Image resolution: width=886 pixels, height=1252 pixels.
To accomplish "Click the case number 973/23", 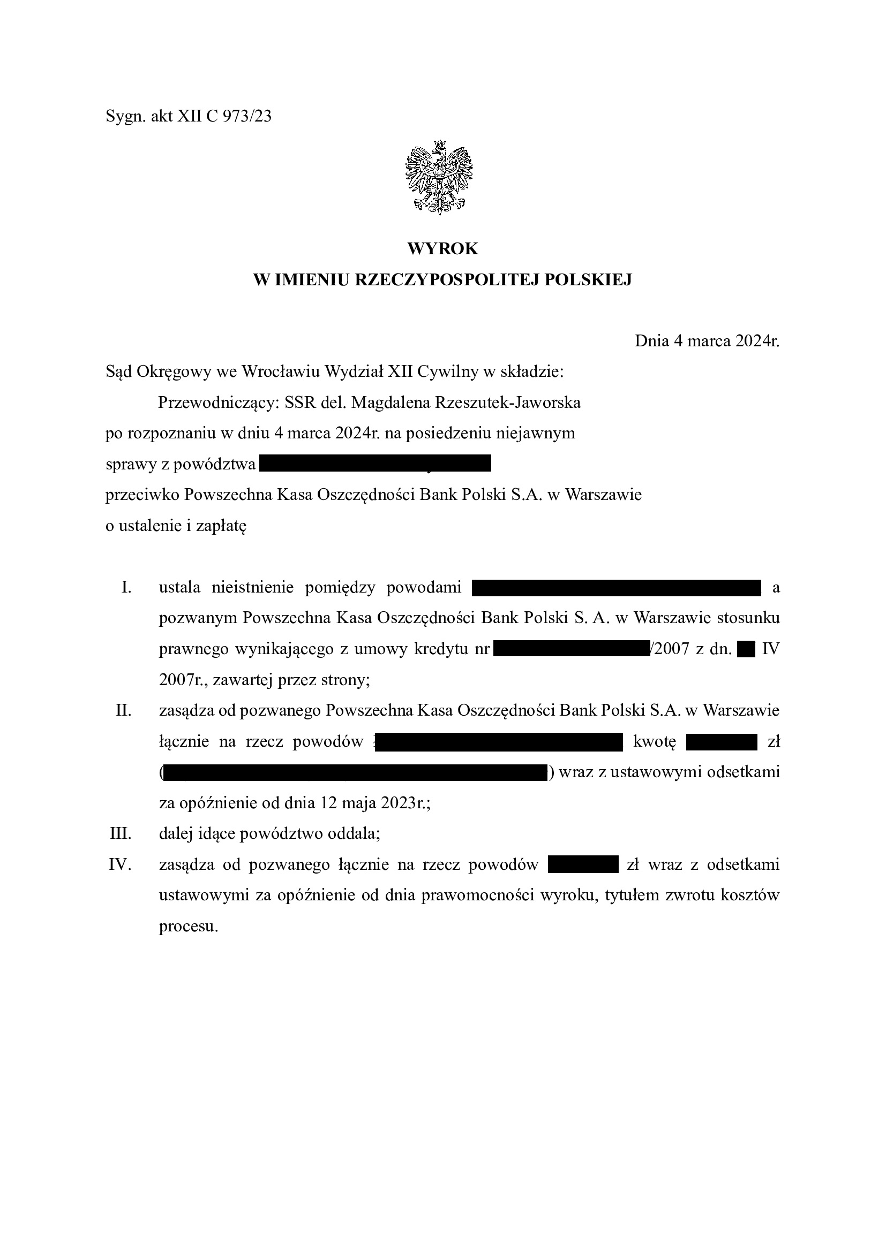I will click(x=246, y=116).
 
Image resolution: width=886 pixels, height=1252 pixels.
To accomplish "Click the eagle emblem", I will click(x=439, y=177).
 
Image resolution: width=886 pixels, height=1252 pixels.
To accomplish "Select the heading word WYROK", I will click(x=442, y=249).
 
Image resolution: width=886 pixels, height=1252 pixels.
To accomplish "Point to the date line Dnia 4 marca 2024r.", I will click(x=707, y=341).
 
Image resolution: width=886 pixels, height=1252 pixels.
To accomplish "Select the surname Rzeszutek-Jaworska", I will click(x=507, y=403).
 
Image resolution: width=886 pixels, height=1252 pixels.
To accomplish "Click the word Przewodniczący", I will click(x=218, y=403).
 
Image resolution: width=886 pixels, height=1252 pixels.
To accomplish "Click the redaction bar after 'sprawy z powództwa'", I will click(x=376, y=464).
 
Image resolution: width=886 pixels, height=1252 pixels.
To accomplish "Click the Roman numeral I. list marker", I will click(x=126, y=587).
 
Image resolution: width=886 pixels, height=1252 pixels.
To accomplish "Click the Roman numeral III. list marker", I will click(x=121, y=834).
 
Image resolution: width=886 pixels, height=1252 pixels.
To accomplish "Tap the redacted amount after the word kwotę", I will click(x=721, y=742).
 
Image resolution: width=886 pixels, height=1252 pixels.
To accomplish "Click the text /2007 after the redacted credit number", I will click(x=670, y=649).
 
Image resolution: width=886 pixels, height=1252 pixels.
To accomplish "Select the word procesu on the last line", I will click(x=188, y=927).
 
